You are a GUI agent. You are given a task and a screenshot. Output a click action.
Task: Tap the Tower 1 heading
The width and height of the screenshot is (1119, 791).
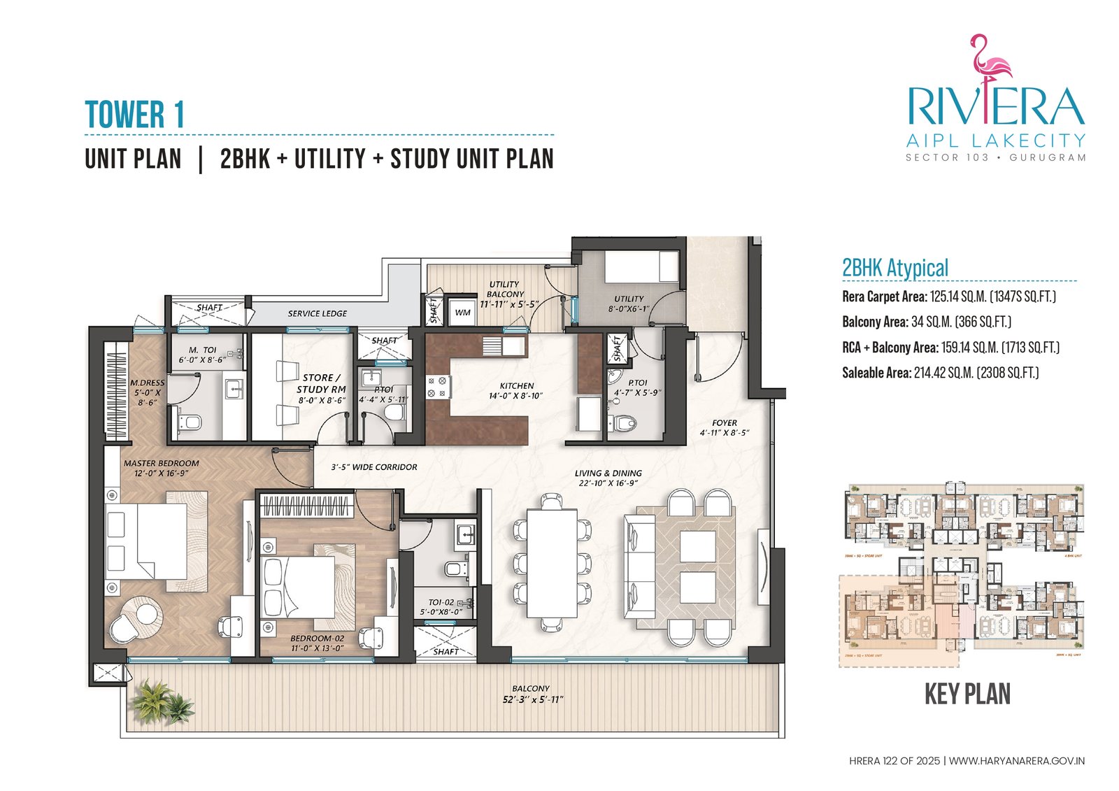click(x=134, y=115)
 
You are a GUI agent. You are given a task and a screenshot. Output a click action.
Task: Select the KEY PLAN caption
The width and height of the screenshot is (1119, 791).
click(x=967, y=694)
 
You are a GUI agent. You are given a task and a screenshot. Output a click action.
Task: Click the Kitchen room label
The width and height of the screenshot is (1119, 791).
click(x=516, y=386)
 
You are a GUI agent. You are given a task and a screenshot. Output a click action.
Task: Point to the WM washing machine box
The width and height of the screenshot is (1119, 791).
click(x=462, y=313)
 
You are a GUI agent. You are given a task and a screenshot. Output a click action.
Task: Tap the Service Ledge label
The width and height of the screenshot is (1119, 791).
click(x=317, y=314)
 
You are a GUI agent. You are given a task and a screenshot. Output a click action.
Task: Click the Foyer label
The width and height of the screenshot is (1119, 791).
click(x=724, y=423)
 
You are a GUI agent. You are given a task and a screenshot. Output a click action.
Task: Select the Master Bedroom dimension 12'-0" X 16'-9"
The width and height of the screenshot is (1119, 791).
click(x=161, y=473)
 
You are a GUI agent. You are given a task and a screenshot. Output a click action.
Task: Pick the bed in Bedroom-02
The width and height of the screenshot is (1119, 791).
click(x=299, y=586)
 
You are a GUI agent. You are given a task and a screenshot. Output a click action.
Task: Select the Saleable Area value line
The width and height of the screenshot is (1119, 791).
click(x=939, y=373)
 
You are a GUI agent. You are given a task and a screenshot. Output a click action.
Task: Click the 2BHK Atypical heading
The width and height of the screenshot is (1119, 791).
click(x=895, y=268)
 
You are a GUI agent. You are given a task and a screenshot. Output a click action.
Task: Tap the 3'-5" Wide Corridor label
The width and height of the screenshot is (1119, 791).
click(x=373, y=467)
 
